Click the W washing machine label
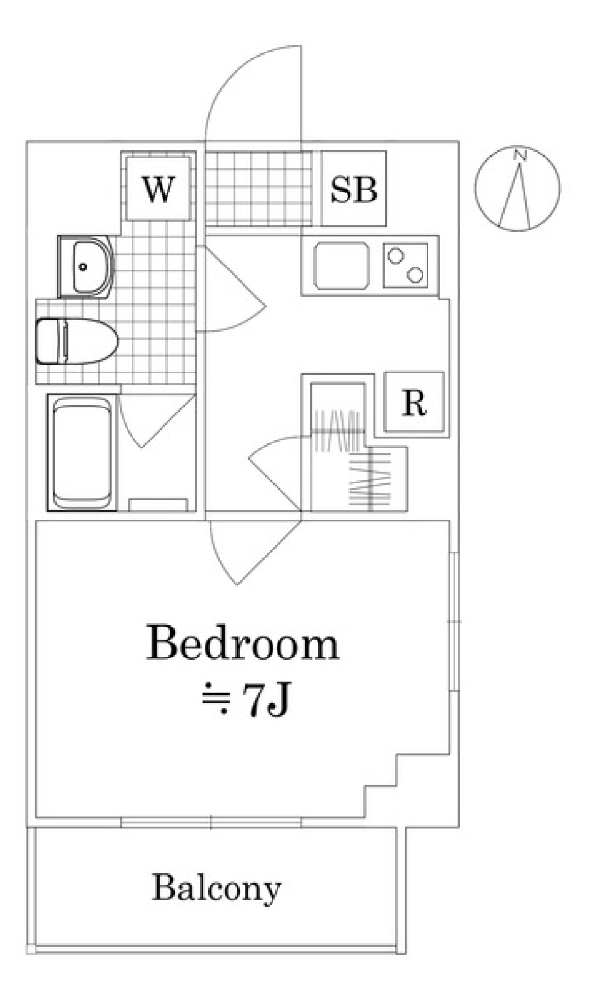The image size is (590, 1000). click(159, 189)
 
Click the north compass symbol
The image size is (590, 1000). click(517, 188)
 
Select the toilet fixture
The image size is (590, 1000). click(76, 341)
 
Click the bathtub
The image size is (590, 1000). click(82, 453)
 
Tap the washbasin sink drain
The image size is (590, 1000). click(82, 267)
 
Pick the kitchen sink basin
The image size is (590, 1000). click(341, 266)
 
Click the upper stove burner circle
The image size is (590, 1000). click(395, 256)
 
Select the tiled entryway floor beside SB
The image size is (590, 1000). click(259, 188)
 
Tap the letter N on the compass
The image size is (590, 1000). click(519, 155)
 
